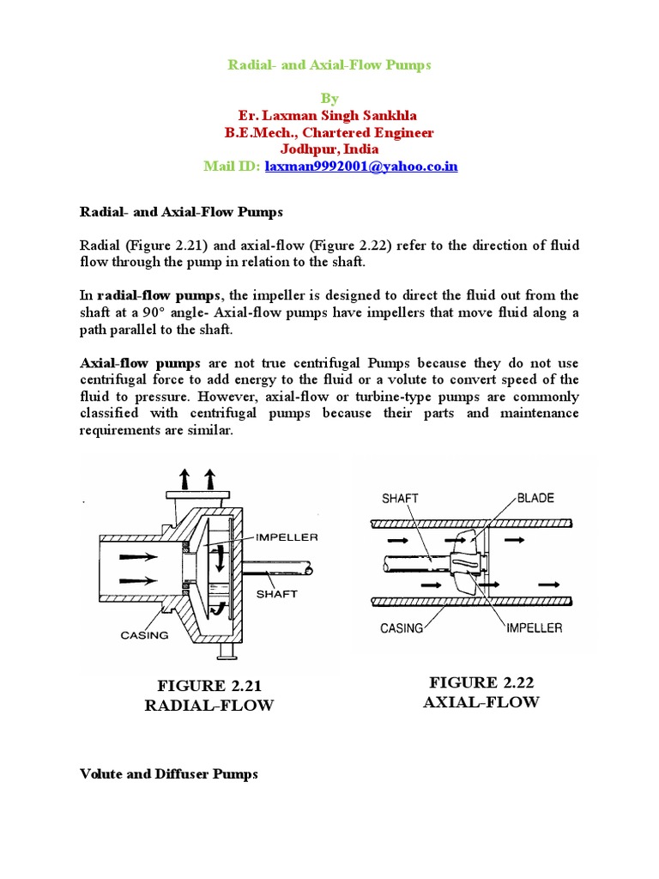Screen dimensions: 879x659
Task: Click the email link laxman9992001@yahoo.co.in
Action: click(x=361, y=166)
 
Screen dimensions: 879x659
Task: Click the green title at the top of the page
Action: click(x=329, y=64)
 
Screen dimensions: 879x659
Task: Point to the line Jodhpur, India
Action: click(x=329, y=149)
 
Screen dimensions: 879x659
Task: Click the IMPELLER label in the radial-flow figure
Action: click(x=287, y=537)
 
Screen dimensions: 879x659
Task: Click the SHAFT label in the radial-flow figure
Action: click(x=277, y=593)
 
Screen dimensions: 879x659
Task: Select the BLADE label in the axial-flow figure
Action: click(x=535, y=498)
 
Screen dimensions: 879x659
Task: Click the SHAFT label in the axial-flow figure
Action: click(x=400, y=498)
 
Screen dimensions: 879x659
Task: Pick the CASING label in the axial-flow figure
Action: click(x=402, y=627)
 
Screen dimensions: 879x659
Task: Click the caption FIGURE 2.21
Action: click(x=209, y=685)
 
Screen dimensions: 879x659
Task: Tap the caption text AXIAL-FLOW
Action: click(x=481, y=702)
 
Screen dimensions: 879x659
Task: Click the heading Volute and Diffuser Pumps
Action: click(x=168, y=773)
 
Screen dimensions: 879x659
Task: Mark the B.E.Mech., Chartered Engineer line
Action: click(x=329, y=132)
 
